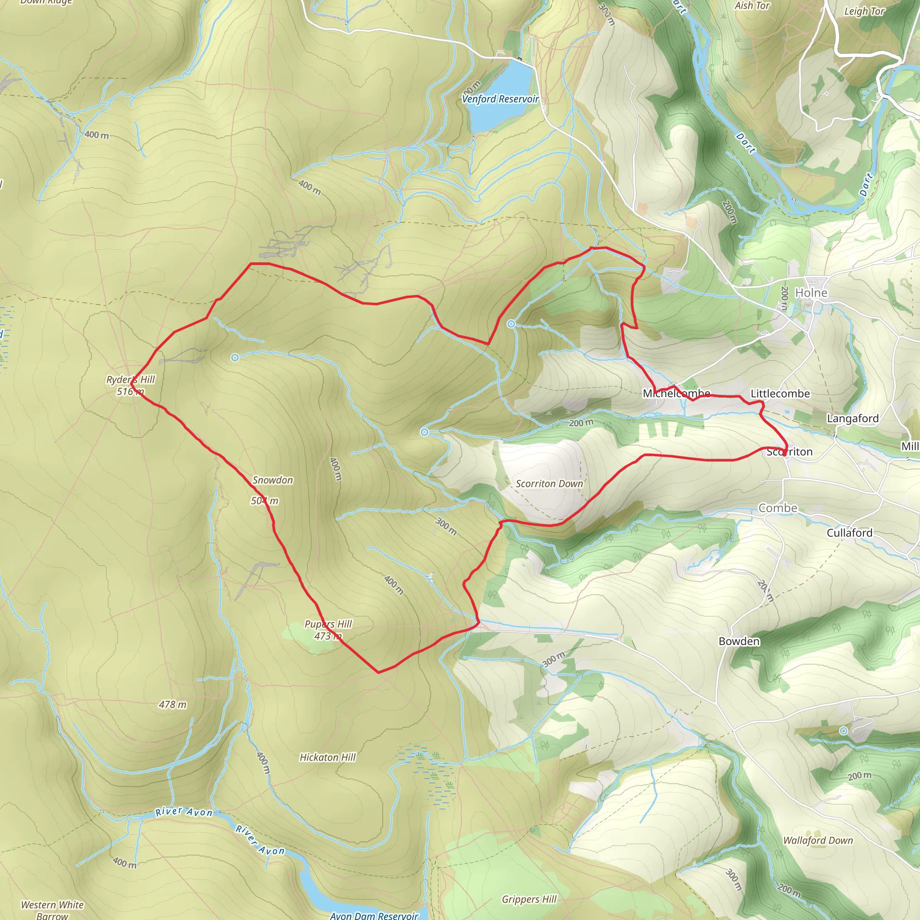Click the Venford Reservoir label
(x=500, y=99)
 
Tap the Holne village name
(x=811, y=293)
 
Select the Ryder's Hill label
(x=130, y=380)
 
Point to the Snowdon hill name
(x=272, y=480)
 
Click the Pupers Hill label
(x=328, y=624)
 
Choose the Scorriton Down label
(x=549, y=484)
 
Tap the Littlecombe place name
(x=780, y=394)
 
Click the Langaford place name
(x=852, y=419)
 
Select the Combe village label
(x=778, y=508)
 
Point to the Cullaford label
(x=849, y=533)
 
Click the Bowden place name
(x=739, y=641)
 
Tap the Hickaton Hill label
(x=327, y=757)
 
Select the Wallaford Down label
(x=818, y=840)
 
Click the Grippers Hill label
(x=529, y=899)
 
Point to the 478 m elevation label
(x=173, y=704)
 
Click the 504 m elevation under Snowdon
(x=265, y=501)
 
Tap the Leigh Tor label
(x=864, y=11)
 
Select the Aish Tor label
(x=752, y=6)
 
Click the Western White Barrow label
(x=52, y=910)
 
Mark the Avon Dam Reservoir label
(x=374, y=915)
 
